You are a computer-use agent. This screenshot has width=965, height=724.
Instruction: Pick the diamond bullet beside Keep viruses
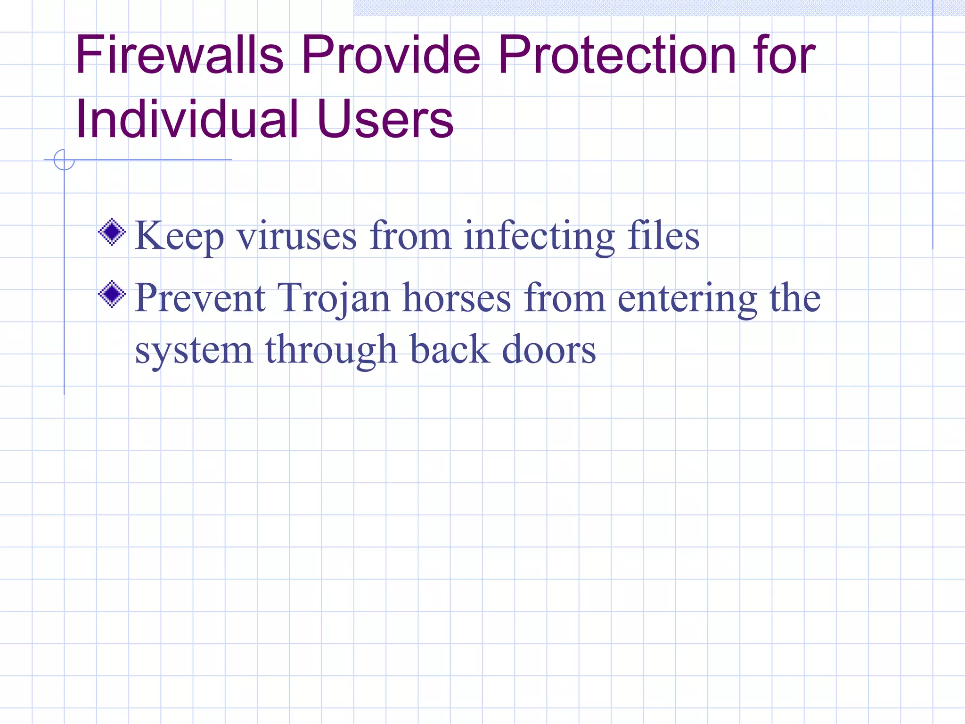(112, 232)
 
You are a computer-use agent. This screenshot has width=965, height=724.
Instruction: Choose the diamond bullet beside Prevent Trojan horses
(112, 294)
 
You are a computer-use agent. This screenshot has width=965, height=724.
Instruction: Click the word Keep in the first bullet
(179, 236)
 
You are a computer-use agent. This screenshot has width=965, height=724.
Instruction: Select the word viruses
(297, 236)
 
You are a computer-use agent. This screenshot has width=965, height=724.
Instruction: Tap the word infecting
(540, 236)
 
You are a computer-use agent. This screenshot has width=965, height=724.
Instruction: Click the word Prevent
(200, 298)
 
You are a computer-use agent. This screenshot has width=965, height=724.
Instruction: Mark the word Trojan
(334, 298)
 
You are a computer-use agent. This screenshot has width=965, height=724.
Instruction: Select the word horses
(457, 298)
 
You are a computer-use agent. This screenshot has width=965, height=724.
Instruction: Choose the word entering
(687, 298)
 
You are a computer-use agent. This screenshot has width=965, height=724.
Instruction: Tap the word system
(194, 350)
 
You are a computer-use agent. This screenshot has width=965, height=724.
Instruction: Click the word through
(331, 350)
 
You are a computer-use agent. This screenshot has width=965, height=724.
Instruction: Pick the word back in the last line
(450, 350)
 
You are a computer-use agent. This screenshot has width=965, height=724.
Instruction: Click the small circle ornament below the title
(64, 160)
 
